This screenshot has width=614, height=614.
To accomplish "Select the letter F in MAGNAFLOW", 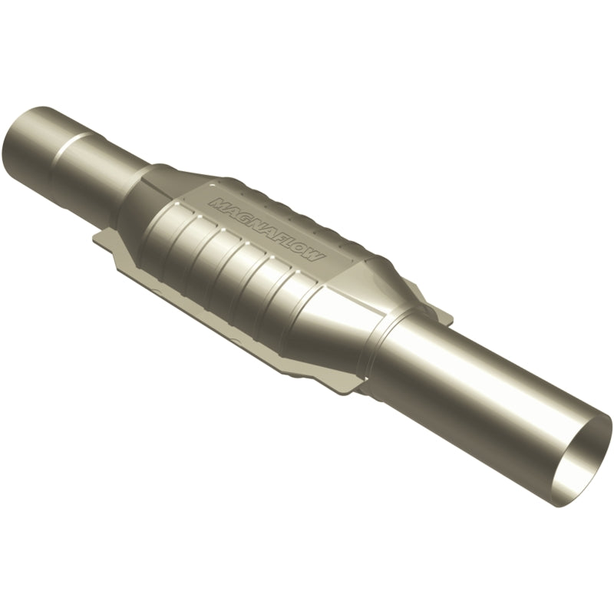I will pos(284,242).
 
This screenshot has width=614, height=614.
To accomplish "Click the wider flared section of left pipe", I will pos(46,146).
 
